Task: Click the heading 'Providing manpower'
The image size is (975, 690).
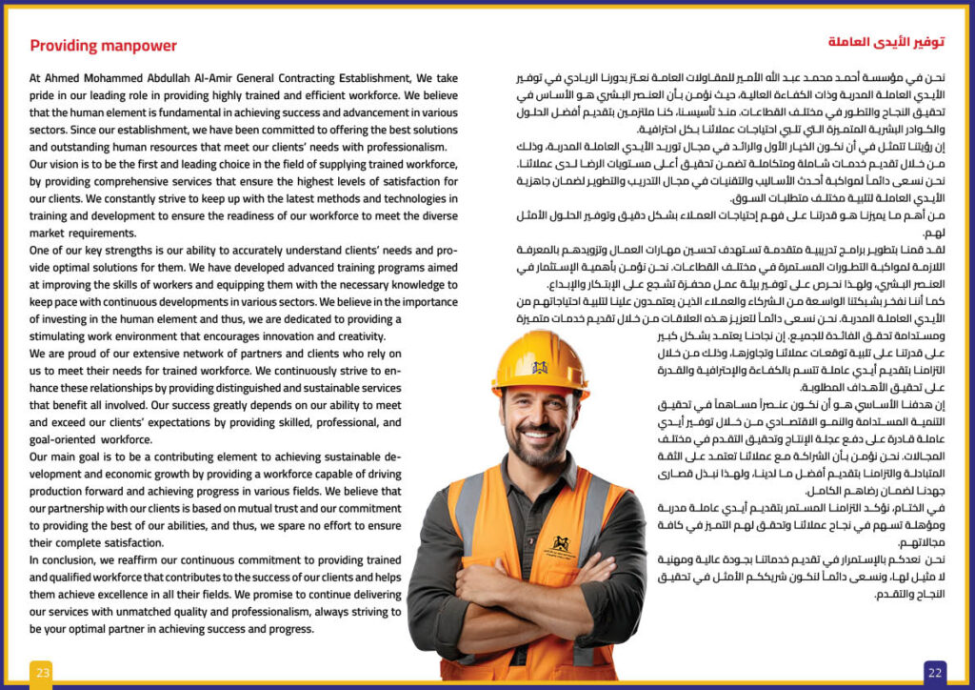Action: click(103, 46)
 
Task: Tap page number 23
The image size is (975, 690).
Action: click(41, 673)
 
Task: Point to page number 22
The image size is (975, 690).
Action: click(935, 673)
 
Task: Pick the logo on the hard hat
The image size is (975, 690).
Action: click(539, 367)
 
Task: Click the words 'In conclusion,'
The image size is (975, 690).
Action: click(67, 560)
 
